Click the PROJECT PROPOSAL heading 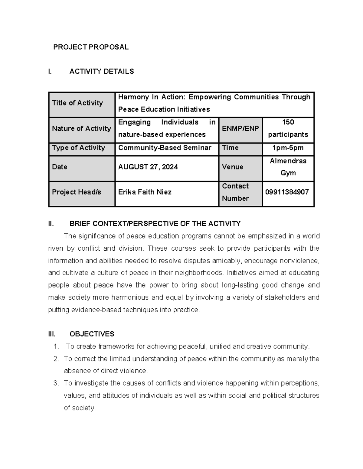[x=91, y=47]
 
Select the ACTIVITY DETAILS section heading [x=102, y=71]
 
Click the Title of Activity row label [x=77, y=103]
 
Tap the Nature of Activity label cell [x=81, y=129]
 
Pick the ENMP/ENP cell [x=240, y=129]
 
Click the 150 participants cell [x=288, y=128]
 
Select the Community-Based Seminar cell [x=165, y=148]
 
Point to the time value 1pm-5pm [x=288, y=148]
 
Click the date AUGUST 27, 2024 [x=148, y=167]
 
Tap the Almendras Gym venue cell [x=288, y=167]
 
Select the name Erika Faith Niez [x=145, y=192]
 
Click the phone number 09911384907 [x=287, y=192]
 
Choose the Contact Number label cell [x=235, y=192]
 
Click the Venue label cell [x=232, y=167]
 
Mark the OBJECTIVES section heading [x=92, y=334]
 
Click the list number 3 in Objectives [x=56, y=383]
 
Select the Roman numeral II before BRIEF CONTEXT [x=51, y=223]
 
